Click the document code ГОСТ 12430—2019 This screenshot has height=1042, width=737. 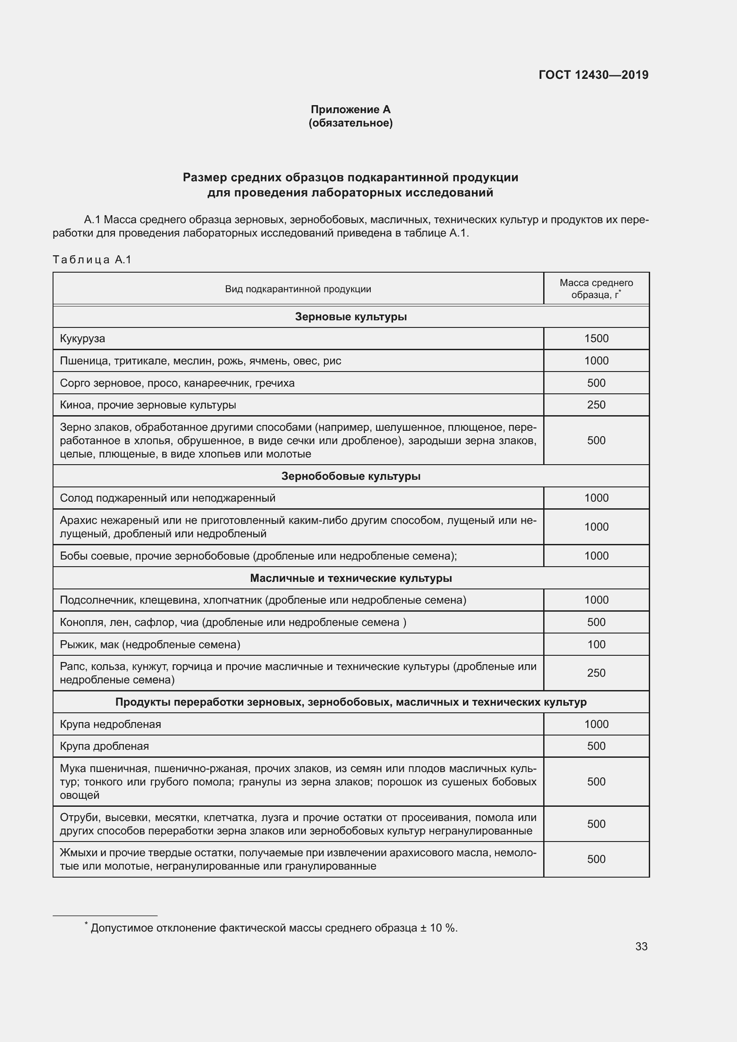point(593,75)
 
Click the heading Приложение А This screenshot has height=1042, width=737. point(350,110)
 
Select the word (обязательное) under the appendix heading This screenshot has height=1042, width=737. point(350,123)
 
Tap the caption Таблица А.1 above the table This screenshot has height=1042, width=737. point(92,260)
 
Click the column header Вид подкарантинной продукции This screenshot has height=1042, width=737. point(298,289)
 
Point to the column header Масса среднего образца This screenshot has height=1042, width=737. point(596,289)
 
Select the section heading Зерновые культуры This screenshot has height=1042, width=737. point(350,317)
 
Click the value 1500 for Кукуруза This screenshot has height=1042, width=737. point(596,339)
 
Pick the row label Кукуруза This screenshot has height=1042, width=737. point(82,339)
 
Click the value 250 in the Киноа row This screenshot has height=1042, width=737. point(596,405)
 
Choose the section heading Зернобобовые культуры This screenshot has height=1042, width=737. point(350,476)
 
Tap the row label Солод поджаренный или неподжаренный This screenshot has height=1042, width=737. point(168,499)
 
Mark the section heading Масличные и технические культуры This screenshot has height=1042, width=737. point(350,578)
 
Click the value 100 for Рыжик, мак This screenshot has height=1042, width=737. point(596,645)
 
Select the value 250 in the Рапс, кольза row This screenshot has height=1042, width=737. point(596,673)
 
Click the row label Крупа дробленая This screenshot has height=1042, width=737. point(104,746)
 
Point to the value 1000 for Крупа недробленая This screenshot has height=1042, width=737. point(596,724)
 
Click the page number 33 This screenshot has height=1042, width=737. point(641,947)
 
